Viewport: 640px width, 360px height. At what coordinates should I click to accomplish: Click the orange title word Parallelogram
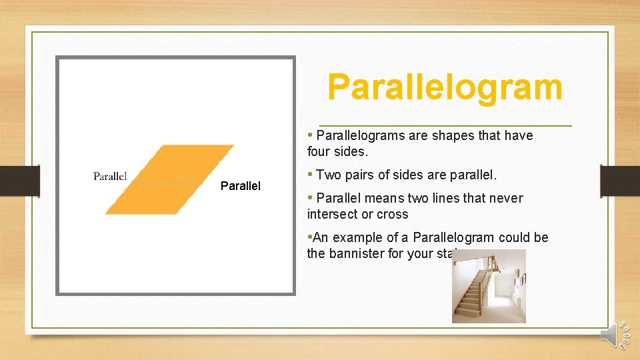[x=445, y=88]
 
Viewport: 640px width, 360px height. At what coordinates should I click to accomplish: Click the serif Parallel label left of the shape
[x=110, y=176]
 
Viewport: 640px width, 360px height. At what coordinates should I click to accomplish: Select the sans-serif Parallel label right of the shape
[x=240, y=186]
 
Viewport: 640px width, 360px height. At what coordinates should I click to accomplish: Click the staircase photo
[x=489, y=286]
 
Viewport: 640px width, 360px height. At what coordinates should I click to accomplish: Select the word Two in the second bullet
[x=328, y=175]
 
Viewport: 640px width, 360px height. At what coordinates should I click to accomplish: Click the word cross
[x=393, y=215]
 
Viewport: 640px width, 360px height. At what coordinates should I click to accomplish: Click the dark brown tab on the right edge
[x=619, y=180]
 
